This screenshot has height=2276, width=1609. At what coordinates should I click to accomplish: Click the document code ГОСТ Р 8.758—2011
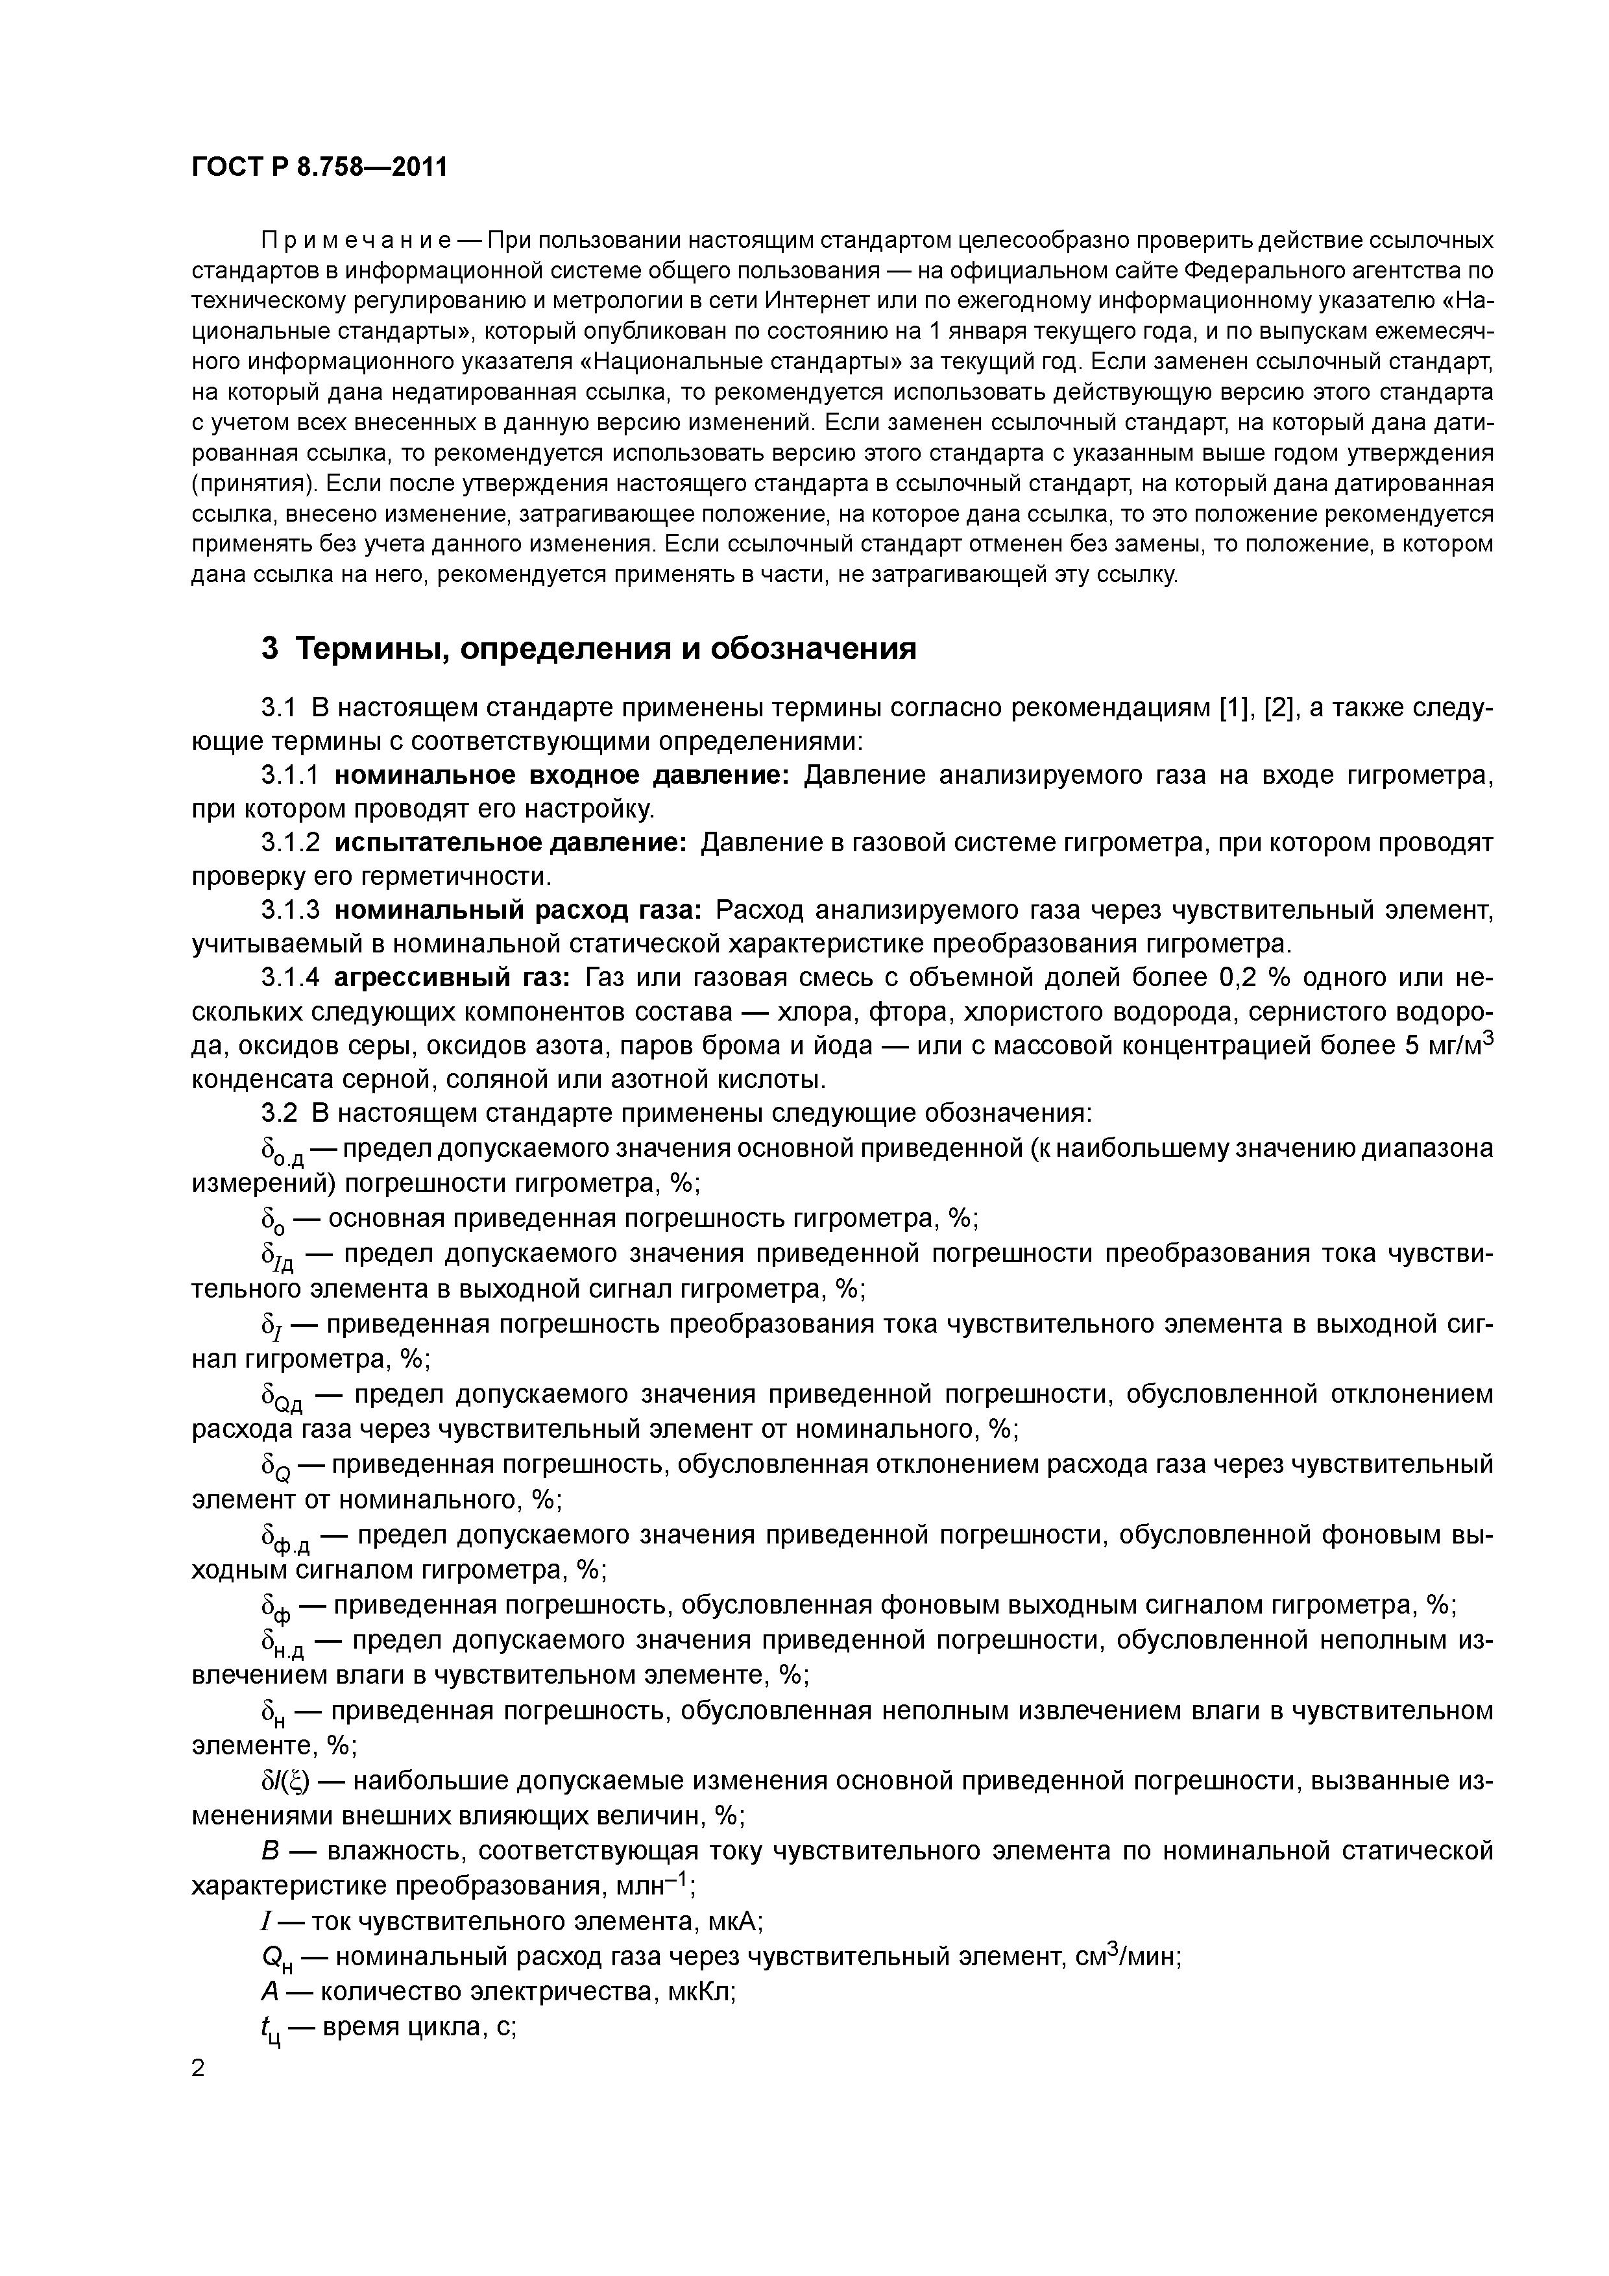(x=319, y=167)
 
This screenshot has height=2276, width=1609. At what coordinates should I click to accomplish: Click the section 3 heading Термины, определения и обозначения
(x=589, y=649)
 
